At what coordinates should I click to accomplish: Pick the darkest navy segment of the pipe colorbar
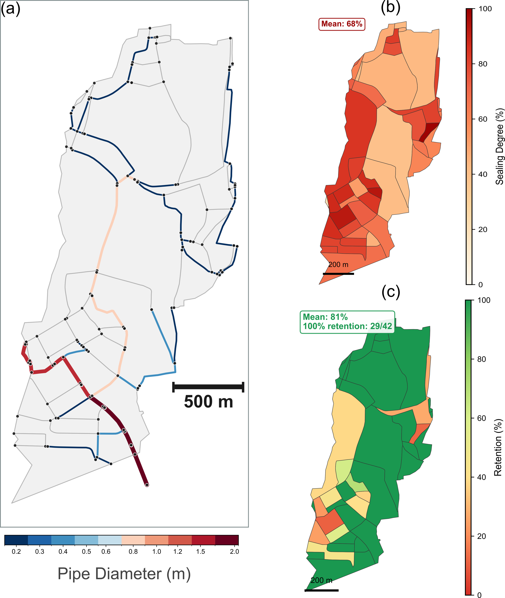point(16,540)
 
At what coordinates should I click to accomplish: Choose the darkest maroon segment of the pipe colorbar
point(227,540)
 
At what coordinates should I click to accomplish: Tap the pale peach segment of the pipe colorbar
point(133,540)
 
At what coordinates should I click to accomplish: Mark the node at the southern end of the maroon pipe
point(147,485)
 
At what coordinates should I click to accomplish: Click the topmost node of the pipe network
point(150,28)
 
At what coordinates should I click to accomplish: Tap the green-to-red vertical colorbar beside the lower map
point(468,447)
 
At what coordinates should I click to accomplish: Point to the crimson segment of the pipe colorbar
point(203,540)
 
